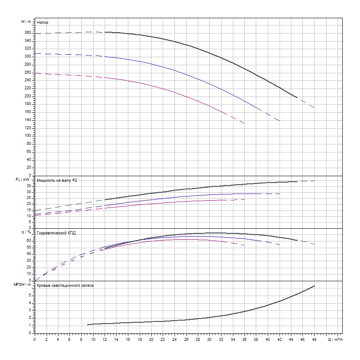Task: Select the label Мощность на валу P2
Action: coord(57,180)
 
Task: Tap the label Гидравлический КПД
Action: coord(56,233)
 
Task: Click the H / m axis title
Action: coord(26,21)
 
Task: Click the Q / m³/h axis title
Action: coord(334,339)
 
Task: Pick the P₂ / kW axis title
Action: coord(24,180)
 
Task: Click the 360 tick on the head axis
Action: coord(28,33)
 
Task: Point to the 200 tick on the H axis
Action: coord(28,96)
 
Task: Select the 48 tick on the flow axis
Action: coord(314,339)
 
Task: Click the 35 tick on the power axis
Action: coord(29,186)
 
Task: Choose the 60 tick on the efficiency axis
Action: coord(29,240)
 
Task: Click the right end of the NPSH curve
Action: coord(315,285)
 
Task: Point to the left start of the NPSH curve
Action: coord(88,324)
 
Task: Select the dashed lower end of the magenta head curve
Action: coord(244,123)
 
